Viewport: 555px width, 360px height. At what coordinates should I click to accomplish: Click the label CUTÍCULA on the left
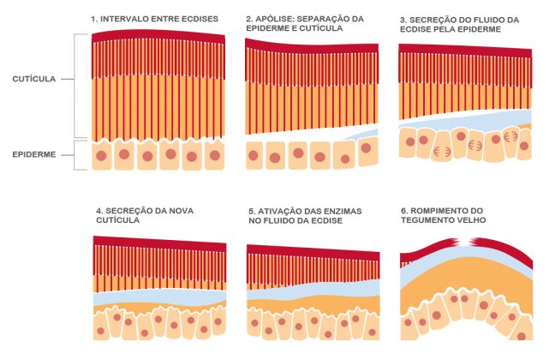[35, 79]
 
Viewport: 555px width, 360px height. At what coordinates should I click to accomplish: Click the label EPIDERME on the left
[35, 154]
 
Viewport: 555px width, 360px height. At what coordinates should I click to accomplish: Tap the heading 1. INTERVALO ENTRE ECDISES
[155, 19]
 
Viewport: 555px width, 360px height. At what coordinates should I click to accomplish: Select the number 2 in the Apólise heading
[248, 19]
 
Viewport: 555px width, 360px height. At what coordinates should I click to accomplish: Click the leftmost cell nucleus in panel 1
[102, 155]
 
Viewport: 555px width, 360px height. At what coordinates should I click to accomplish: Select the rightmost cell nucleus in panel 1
[215, 155]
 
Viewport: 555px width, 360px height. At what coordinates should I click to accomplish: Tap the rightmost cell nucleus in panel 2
[367, 147]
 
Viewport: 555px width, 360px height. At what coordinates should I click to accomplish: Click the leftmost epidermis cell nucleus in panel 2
[254, 156]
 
